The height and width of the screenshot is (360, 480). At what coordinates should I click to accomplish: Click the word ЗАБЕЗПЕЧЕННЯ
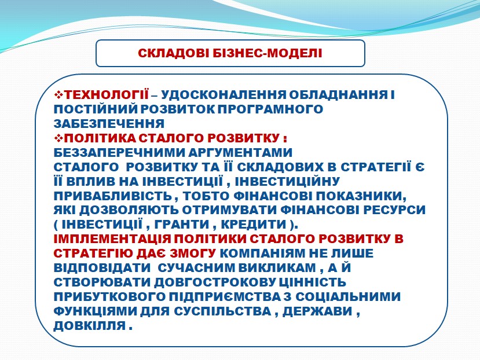[109, 124]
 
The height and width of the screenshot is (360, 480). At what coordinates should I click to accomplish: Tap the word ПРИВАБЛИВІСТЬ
[113, 196]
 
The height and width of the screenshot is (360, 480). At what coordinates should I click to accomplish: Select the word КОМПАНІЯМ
[263, 254]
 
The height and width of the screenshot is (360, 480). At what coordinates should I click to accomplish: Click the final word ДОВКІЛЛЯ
[90, 326]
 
